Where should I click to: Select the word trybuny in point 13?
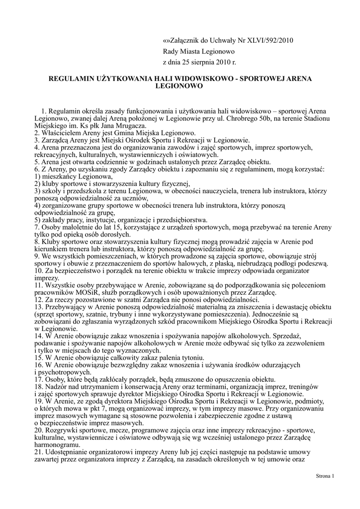(x=145, y=315)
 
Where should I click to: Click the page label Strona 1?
(x=325, y=476)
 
